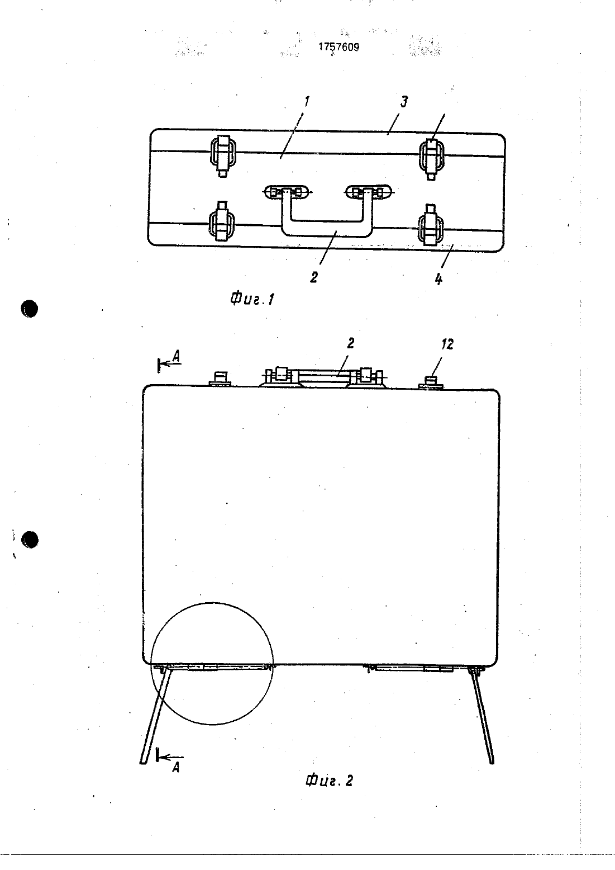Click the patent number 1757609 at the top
(339, 47)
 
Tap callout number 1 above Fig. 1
(307, 102)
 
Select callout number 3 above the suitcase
(404, 102)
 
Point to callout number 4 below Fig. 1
(438, 279)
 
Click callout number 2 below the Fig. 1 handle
(314, 277)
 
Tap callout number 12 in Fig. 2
(447, 344)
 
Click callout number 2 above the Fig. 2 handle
(350, 343)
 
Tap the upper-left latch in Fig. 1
(222, 154)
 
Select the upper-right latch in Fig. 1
(432, 157)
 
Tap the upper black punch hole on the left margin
(30, 309)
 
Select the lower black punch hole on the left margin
(30, 540)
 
